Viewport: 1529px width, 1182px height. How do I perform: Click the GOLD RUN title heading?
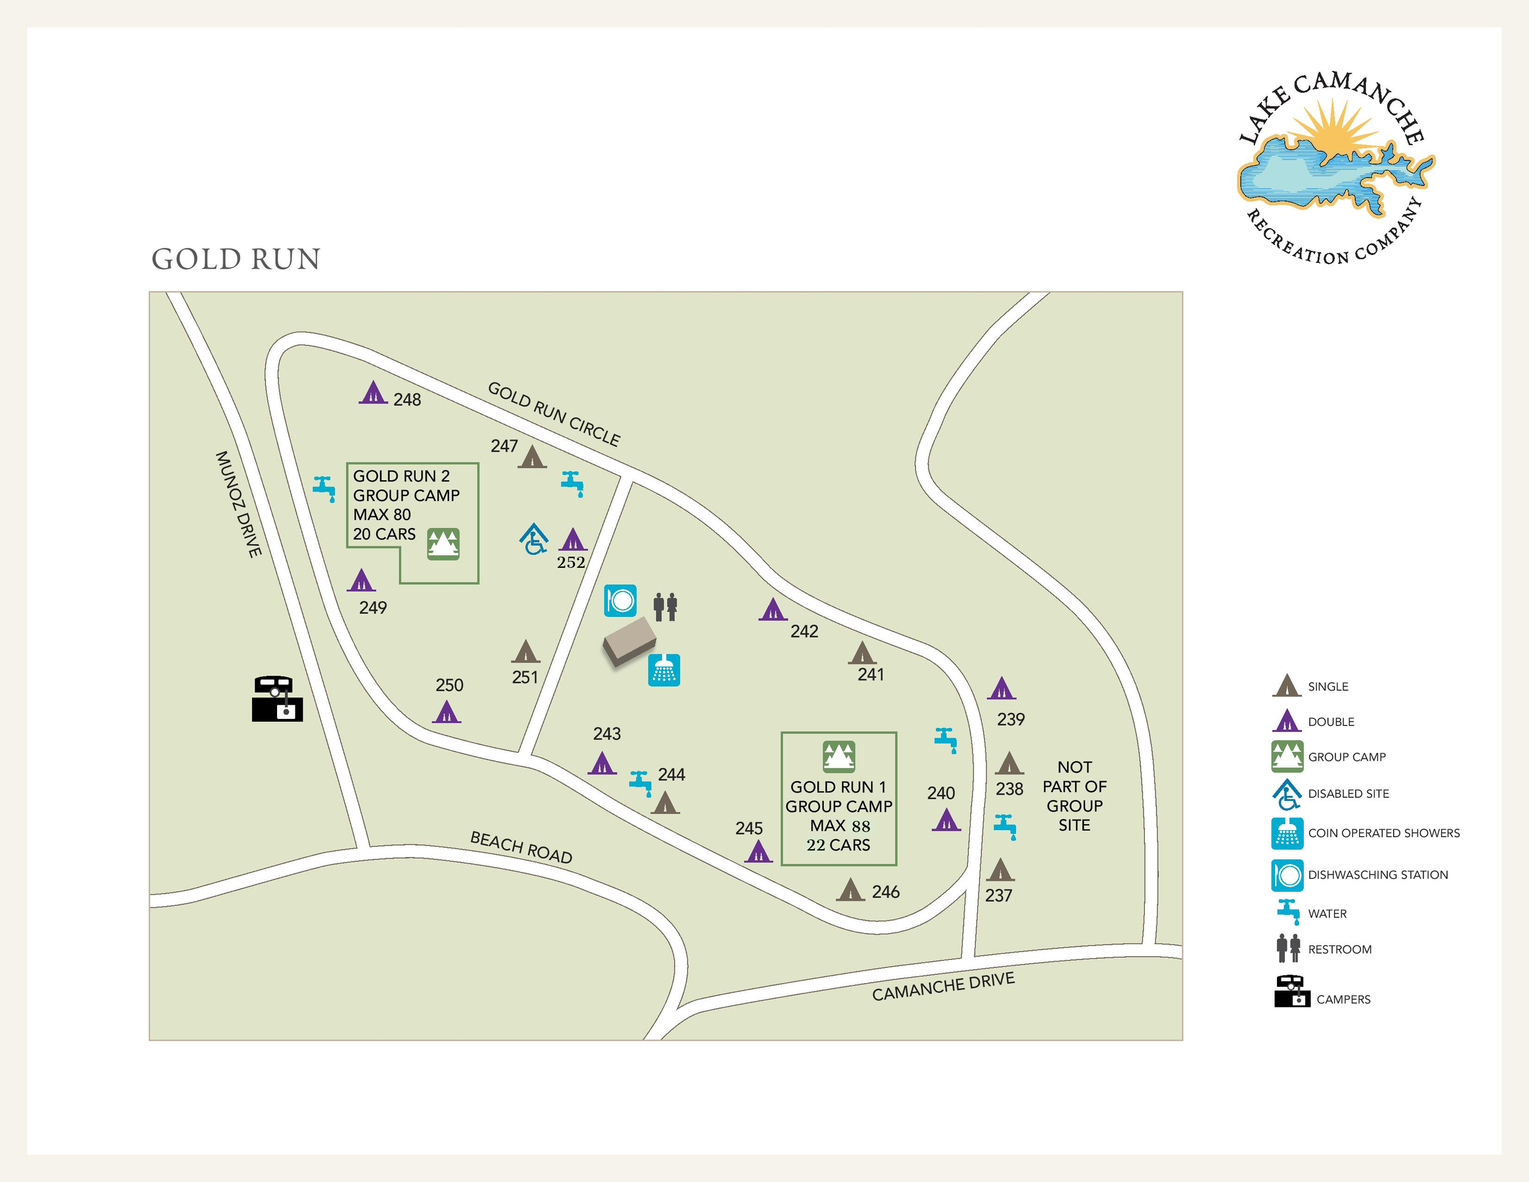tap(236, 259)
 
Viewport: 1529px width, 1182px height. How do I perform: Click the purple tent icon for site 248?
tap(373, 392)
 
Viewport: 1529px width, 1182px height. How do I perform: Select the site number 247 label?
tap(504, 446)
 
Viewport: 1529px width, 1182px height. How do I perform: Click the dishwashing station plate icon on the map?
tap(620, 600)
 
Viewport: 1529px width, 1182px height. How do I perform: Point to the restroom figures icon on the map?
tap(665, 606)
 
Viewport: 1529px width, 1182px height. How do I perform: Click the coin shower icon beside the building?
tap(664, 670)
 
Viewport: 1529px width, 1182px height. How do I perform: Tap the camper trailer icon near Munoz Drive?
tap(277, 698)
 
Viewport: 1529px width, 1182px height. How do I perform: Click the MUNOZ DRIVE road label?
tap(239, 504)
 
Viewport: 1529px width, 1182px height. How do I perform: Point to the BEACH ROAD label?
tap(521, 847)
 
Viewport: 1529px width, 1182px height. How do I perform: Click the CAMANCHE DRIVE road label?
tap(943, 986)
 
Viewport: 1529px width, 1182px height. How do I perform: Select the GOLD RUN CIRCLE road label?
tap(553, 414)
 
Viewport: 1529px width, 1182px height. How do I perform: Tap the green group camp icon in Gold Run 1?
tap(839, 756)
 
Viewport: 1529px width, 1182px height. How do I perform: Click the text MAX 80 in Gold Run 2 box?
tap(382, 515)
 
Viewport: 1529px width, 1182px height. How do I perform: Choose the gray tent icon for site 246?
tap(850, 890)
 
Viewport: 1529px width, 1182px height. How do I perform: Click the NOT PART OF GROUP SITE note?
tap(1074, 796)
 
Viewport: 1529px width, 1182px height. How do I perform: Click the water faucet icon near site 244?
tap(640, 782)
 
